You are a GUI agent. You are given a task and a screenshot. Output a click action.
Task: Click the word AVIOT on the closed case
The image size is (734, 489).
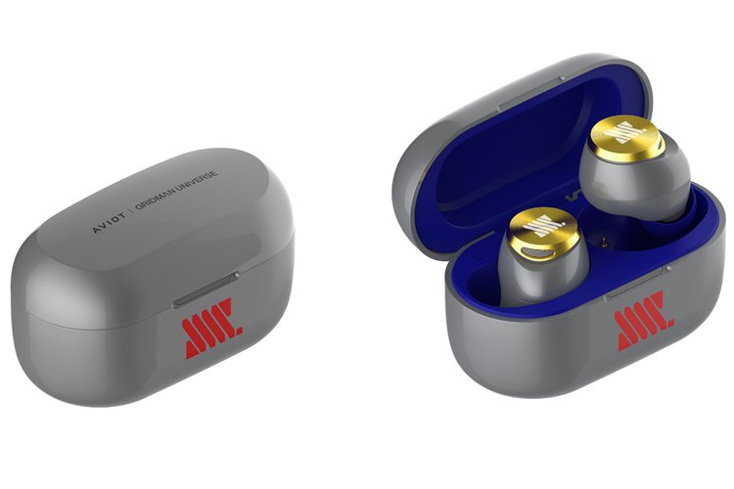click(109, 223)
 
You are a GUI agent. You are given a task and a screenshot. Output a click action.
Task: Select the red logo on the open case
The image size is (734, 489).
click(645, 320)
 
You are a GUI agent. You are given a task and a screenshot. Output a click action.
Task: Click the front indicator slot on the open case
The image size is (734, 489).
click(637, 283)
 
